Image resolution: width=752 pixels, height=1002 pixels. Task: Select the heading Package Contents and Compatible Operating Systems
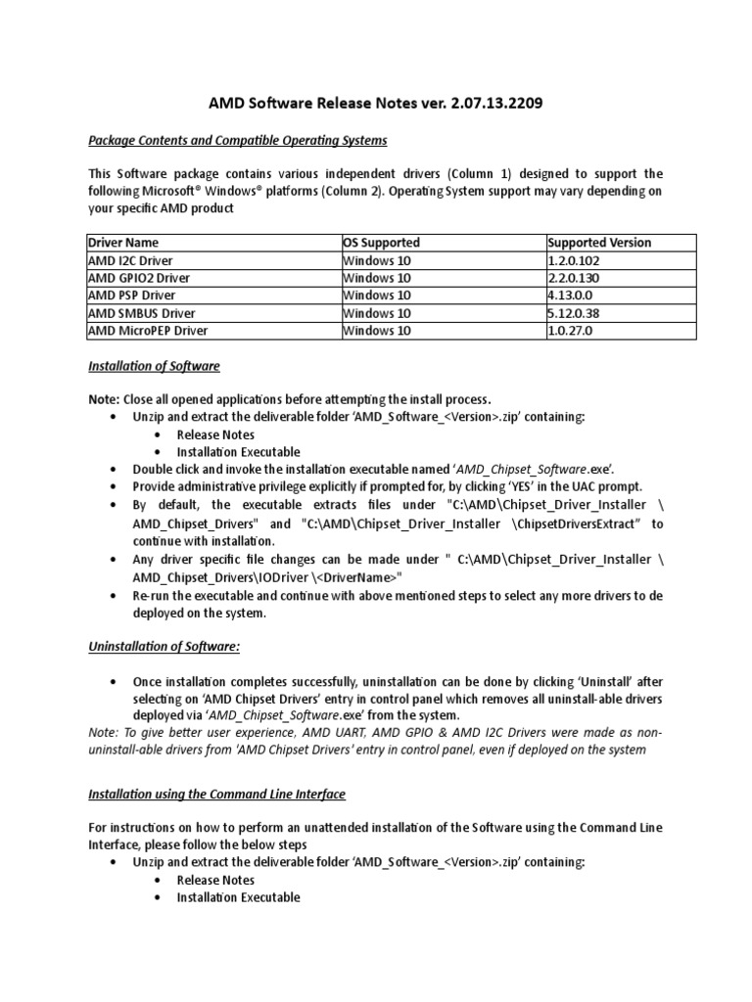[238, 140]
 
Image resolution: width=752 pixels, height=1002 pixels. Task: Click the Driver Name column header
[123, 243]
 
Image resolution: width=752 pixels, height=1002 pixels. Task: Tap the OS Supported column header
[381, 243]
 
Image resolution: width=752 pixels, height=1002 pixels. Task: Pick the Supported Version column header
[599, 243]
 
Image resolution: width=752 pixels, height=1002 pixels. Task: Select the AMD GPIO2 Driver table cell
[139, 278]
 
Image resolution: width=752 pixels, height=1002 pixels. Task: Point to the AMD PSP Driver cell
[133, 296]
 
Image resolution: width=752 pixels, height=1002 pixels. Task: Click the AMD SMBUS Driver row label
[142, 313]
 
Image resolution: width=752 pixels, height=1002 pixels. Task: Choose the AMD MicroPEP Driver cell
[148, 331]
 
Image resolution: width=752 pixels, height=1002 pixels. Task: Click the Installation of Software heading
[154, 366]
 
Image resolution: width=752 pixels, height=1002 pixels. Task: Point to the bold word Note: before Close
[104, 399]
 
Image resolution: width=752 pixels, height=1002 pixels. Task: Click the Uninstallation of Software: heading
[163, 646]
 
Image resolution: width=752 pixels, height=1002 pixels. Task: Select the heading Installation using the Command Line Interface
[216, 794]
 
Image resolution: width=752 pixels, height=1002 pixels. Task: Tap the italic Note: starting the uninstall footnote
[104, 733]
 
